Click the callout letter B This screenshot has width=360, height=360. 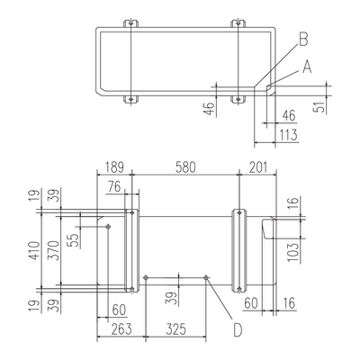(x=303, y=40)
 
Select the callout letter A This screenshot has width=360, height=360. (x=307, y=67)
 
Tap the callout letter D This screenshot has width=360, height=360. (x=238, y=330)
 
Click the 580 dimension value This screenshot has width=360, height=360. (x=185, y=167)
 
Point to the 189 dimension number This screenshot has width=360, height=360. (x=114, y=167)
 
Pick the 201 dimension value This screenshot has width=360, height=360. (x=258, y=167)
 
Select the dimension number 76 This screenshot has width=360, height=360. (x=114, y=187)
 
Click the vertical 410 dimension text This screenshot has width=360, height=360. (x=35, y=251)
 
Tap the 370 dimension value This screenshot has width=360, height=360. (x=55, y=250)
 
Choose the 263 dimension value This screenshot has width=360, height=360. (x=121, y=329)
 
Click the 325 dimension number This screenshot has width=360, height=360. (x=176, y=329)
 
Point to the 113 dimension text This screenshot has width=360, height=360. (x=289, y=135)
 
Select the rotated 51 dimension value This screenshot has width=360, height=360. (x=320, y=106)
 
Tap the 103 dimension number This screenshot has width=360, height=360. (x=294, y=252)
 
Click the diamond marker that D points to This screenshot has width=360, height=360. (x=206, y=278)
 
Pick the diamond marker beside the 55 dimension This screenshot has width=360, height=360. (x=108, y=227)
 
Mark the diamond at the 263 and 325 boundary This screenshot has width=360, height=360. (x=146, y=278)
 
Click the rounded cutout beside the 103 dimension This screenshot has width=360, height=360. (x=263, y=229)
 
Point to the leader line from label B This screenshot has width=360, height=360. (x=276, y=66)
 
